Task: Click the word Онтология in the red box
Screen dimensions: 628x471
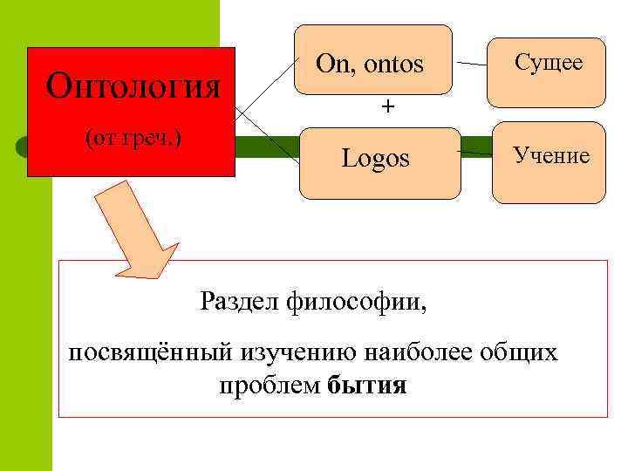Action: tap(133, 86)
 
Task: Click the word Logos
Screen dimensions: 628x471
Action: tap(375, 158)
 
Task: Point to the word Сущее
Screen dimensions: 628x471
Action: tap(549, 63)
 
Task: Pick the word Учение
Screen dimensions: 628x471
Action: tap(551, 156)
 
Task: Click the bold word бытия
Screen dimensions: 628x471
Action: tap(368, 386)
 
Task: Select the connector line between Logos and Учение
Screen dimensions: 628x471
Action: tap(474, 154)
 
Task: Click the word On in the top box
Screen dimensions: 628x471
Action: tap(331, 63)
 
